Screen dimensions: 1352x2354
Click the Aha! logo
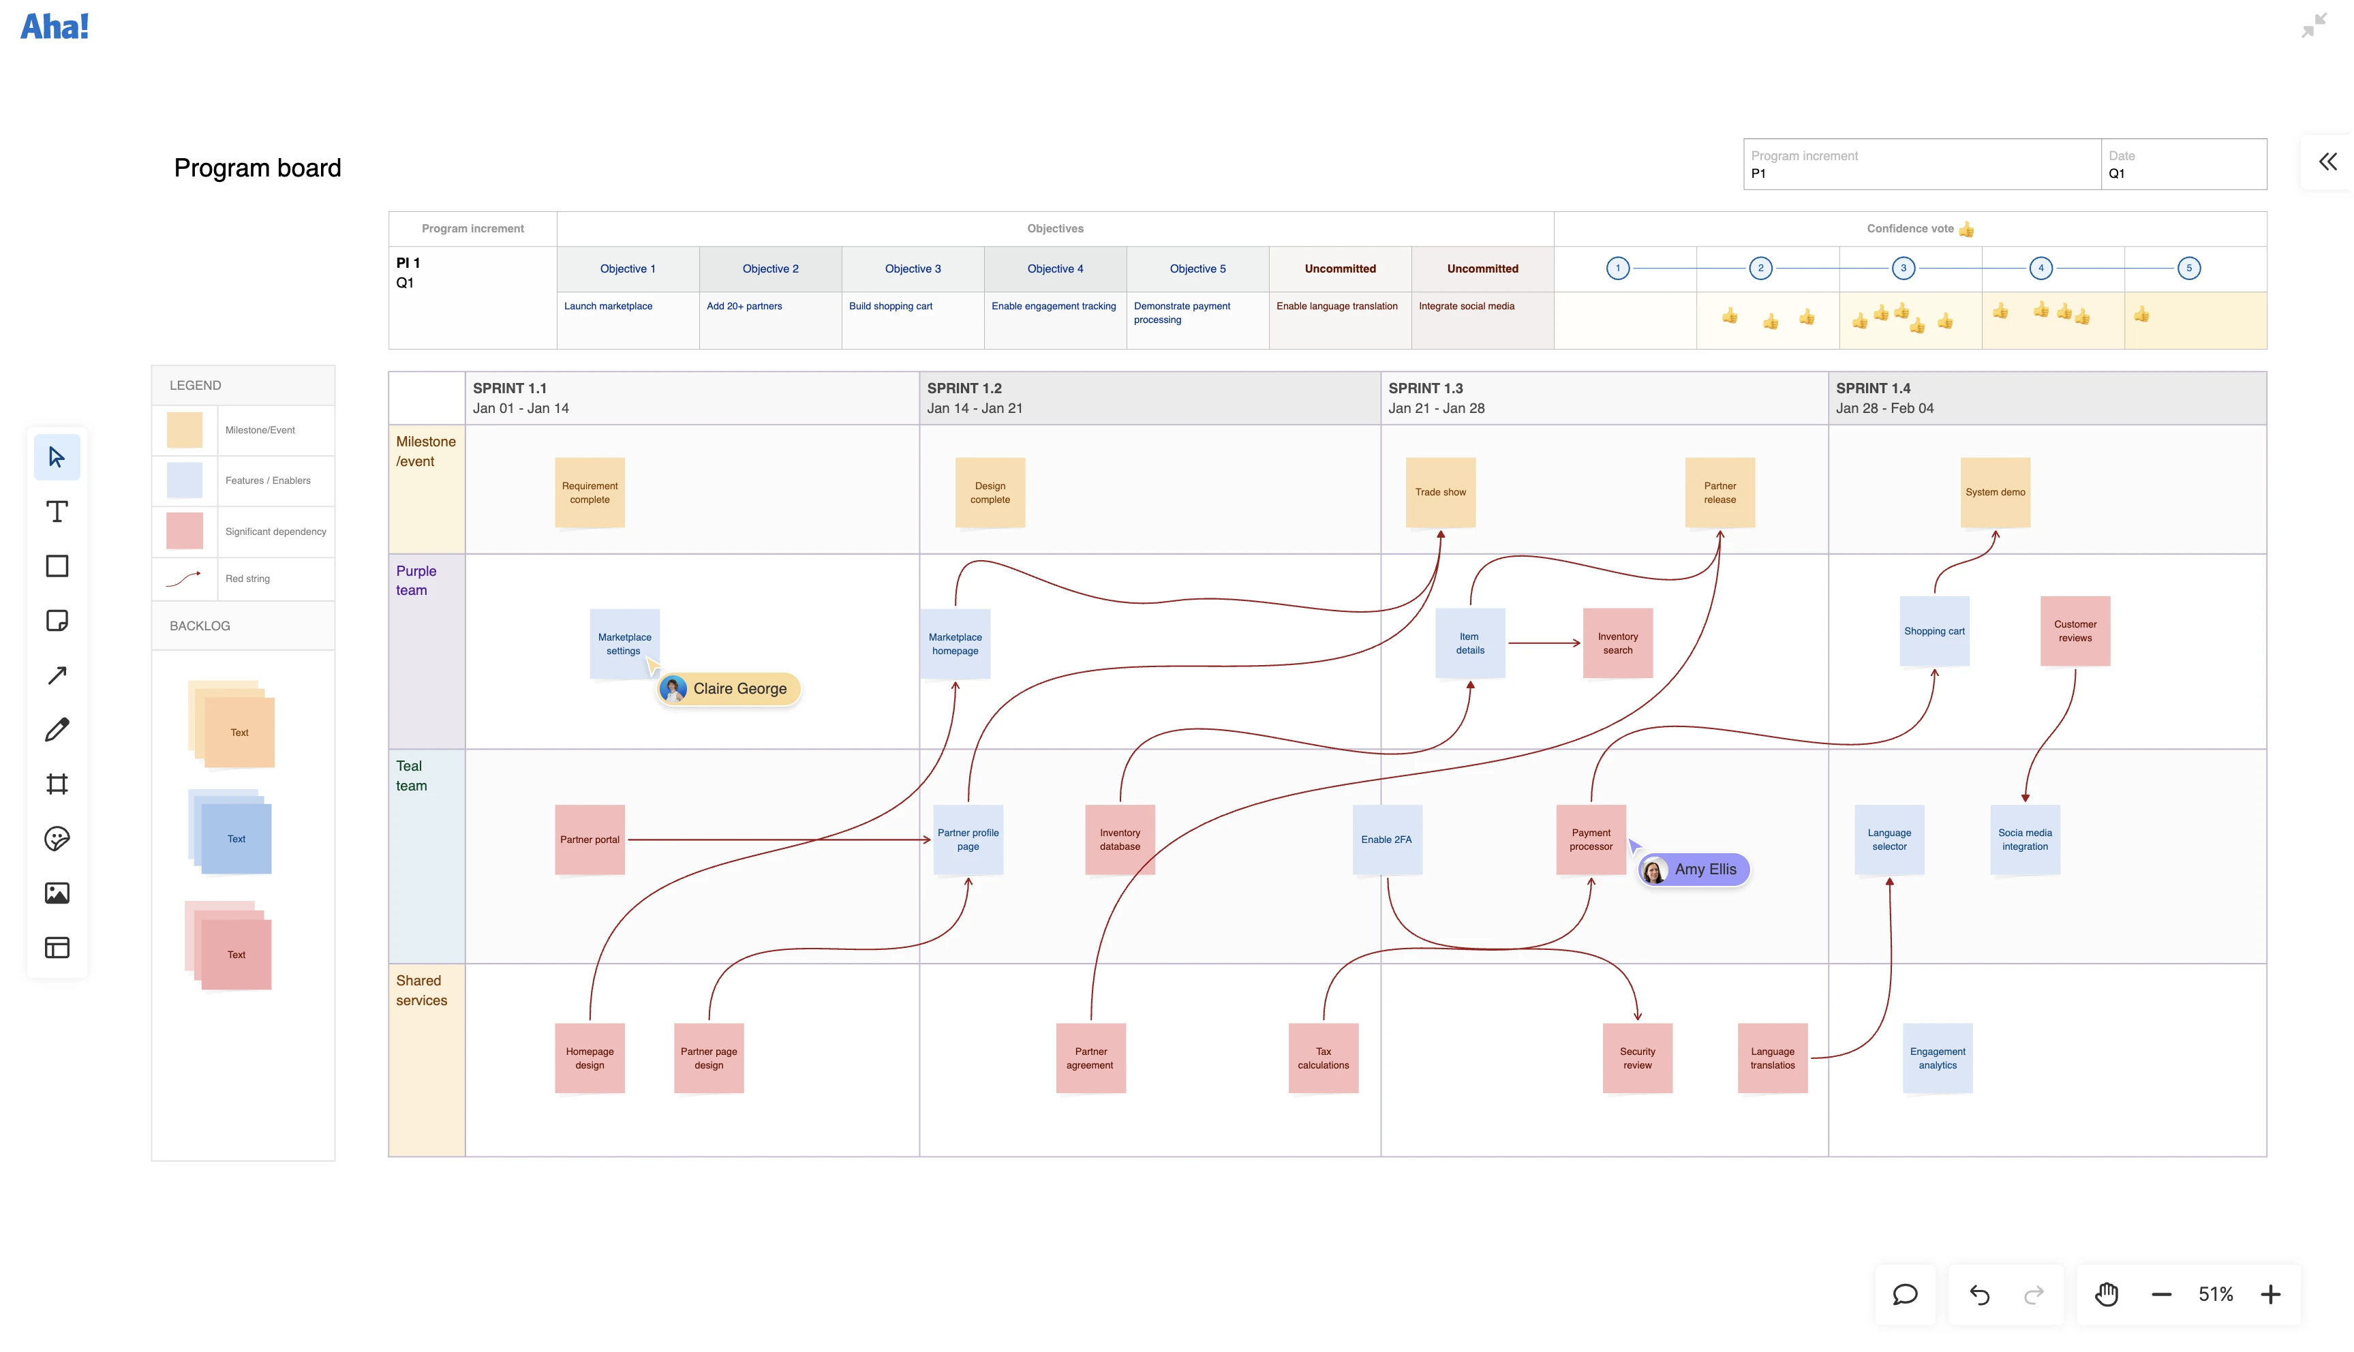click(55, 26)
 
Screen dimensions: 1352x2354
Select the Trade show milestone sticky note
click(1440, 492)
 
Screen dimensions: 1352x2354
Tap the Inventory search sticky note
click(1618, 643)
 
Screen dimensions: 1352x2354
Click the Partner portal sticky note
click(590, 840)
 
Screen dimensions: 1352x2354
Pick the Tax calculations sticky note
click(1324, 1058)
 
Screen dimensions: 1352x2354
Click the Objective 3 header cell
click(913, 269)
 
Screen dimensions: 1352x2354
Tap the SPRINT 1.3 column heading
click(1425, 388)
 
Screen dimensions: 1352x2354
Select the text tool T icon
click(57, 512)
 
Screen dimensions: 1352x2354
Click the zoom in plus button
click(2270, 1295)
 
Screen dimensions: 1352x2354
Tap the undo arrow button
click(1979, 1295)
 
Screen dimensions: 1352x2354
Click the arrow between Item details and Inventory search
click(1544, 643)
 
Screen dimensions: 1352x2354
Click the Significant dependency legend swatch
click(185, 531)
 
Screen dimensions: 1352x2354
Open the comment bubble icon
click(1905, 1295)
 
